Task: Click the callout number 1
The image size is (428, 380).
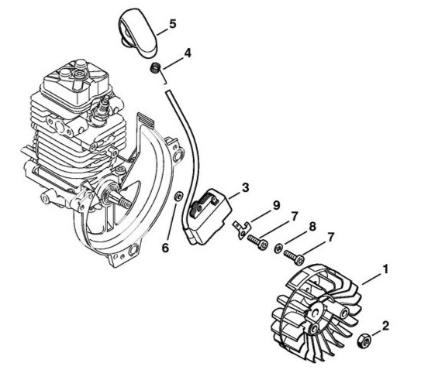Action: (x=385, y=269)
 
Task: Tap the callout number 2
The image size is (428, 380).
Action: (x=385, y=326)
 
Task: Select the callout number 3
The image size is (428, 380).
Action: (x=245, y=188)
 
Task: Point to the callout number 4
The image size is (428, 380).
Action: (x=188, y=53)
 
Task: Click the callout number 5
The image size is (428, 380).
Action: (x=172, y=24)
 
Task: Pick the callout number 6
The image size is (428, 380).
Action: (x=165, y=248)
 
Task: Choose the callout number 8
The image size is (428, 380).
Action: (x=312, y=227)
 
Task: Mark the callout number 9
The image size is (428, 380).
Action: (x=277, y=205)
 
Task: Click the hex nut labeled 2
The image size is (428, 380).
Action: (x=364, y=341)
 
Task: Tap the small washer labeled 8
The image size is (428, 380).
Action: (x=278, y=248)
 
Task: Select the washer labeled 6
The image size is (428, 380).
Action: (x=178, y=196)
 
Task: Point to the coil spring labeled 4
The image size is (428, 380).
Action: (x=155, y=67)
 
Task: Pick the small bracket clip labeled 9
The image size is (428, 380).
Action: (x=242, y=230)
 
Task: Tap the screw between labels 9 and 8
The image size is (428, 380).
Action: (x=257, y=242)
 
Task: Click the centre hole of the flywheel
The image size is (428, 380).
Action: (x=316, y=313)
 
